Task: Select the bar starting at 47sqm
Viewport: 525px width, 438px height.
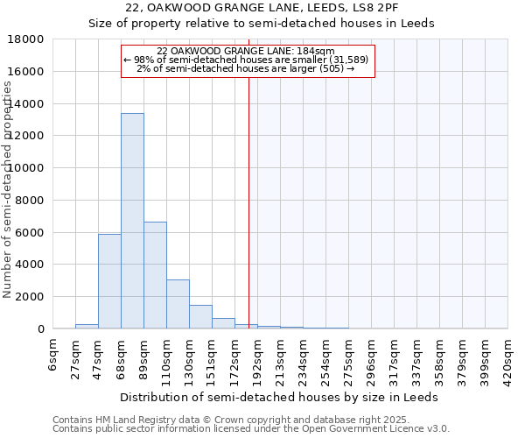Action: coord(109,281)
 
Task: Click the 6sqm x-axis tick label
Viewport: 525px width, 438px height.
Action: coord(53,355)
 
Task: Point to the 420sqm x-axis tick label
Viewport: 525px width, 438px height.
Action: coord(508,358)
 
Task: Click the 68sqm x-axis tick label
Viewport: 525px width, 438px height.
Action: coord(122,357)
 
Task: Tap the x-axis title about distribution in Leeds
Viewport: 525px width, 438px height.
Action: coord(279,397)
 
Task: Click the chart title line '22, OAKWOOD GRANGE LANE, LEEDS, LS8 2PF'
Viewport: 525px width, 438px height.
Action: coord(262,8)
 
